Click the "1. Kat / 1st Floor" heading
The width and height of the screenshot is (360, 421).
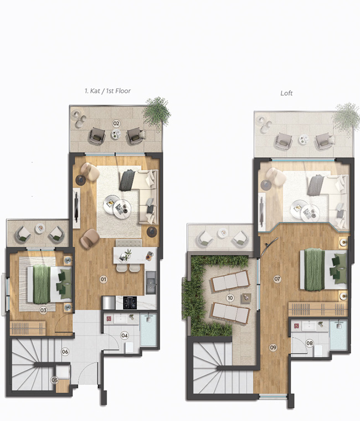tap(105, 91)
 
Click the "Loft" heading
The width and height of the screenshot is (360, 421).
tap(286, 93)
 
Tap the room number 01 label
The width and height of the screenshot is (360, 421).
tap(103, 280)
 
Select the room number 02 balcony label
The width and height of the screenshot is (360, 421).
tap(116, 123)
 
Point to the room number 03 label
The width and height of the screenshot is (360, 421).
tap(43, 310)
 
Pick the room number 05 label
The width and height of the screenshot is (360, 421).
tap(55, 380)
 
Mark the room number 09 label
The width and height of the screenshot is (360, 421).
tap(273, 347)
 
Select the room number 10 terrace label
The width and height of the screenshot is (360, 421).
tap(230, 298)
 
